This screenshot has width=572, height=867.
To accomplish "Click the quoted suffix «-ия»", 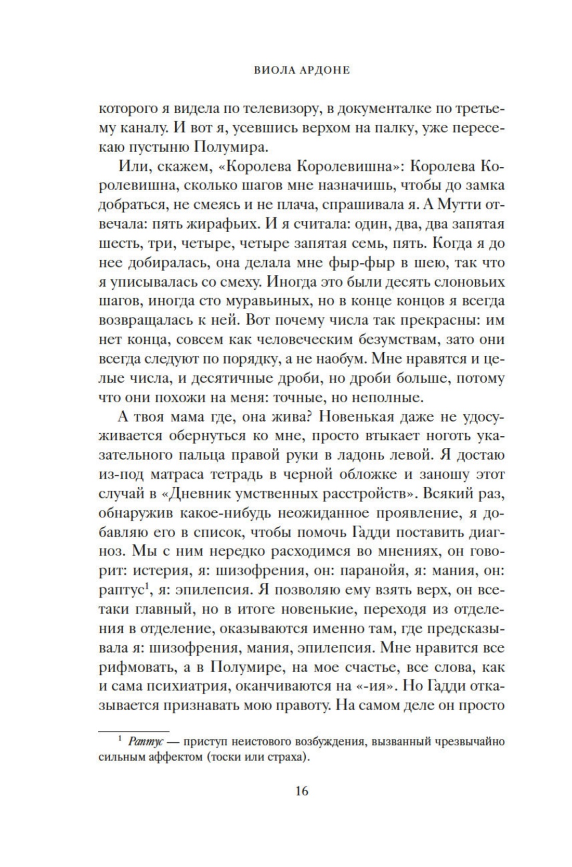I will [372, 686].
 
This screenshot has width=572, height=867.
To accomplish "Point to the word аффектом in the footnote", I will [175, 757].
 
